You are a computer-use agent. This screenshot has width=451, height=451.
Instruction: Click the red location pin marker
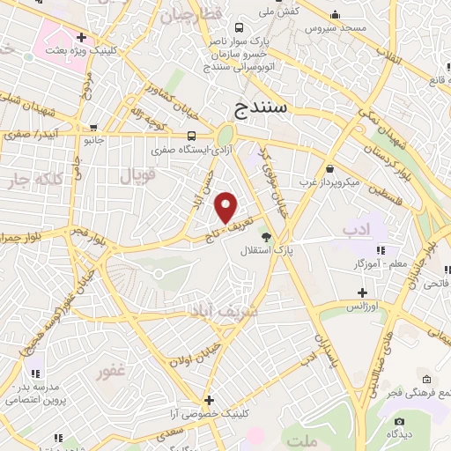226,207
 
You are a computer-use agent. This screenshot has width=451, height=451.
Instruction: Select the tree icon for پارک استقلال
266,236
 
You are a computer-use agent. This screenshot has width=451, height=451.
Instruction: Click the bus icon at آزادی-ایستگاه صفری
192,136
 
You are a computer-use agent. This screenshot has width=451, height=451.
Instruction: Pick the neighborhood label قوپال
137,177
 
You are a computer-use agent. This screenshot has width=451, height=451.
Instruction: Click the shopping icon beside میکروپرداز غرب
329,167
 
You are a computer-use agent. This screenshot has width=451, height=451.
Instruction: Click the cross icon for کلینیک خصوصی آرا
209,399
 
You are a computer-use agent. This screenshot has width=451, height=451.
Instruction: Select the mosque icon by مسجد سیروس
335,16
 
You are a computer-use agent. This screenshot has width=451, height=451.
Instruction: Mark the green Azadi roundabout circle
225,137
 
